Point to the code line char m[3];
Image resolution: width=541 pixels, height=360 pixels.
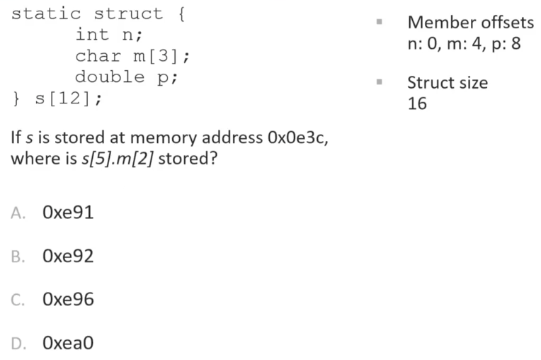tap(132, 56)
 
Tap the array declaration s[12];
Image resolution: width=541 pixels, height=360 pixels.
tap(67, 98)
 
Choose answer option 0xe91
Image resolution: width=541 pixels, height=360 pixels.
tap(68, 213)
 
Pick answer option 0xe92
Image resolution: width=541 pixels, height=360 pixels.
tap(68, 256)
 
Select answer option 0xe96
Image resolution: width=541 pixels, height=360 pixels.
tap(68, 300)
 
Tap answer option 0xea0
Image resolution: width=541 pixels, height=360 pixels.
tap(68, 344)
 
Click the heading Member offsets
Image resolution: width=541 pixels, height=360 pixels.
tap(471, 22)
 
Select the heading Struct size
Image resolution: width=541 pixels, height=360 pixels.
tap(447, 82)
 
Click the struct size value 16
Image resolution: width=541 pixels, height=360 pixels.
tap(417, 103)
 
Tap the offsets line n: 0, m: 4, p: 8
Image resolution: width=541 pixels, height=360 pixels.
tap(464, 43)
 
